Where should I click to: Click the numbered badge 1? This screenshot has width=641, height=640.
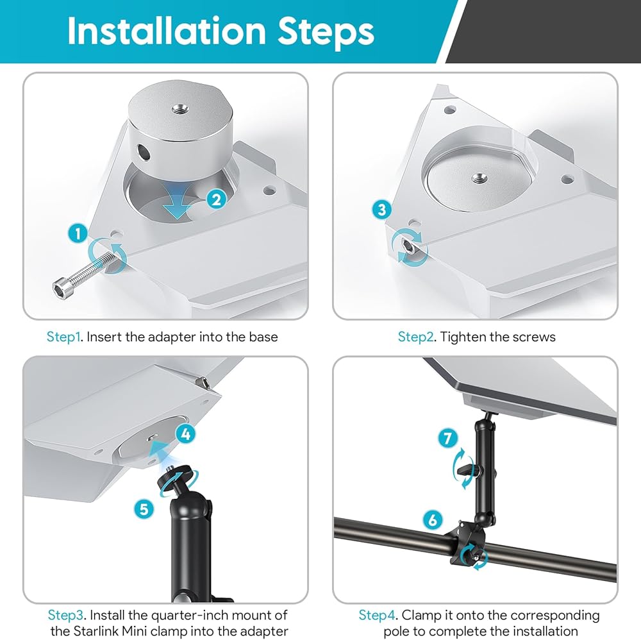pos(78,233)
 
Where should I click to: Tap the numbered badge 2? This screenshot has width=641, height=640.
pos(217,199)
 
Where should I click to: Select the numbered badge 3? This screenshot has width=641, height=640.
pos(382,210)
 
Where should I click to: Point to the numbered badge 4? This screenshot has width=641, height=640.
pos(186,434)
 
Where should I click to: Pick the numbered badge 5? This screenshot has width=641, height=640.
pos(144,509)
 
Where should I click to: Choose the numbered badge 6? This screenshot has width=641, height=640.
pos(433,519)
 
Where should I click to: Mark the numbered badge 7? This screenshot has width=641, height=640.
pos(447,439)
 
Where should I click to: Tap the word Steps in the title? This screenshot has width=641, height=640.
pos(326,33)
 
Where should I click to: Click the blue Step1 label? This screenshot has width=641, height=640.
pos(63,337)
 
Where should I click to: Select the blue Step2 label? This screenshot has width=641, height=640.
pos(416,337)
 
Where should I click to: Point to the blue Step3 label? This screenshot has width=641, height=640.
pos(66,614)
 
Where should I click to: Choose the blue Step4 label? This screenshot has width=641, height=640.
pos(377,614)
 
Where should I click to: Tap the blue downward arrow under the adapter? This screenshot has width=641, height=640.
pos(178,202)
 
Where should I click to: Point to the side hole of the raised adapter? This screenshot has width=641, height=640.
pos(144,152)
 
